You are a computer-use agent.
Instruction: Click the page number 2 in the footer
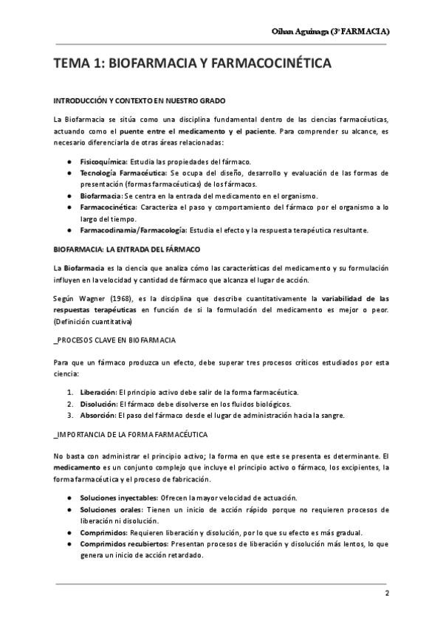click(x=387, y=594)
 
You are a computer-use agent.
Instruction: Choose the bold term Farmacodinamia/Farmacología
click(x=133, y=230)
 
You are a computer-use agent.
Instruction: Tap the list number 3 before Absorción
click(x=70, y=415)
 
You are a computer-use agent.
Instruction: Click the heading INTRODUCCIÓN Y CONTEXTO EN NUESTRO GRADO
click(x=140, y=100)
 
